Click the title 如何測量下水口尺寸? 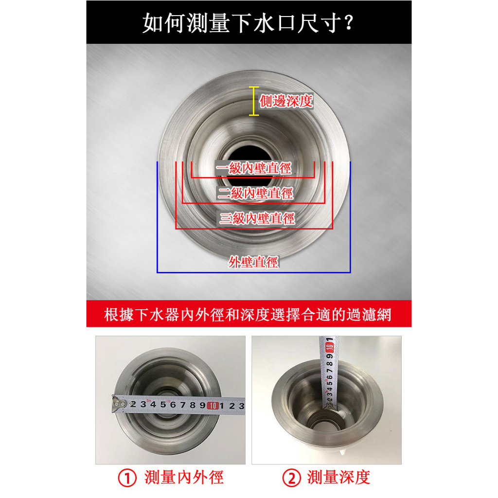248,23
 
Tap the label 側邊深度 286,101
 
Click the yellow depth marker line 254,101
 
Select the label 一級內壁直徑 253,168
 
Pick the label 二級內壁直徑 255,193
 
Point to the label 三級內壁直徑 257,218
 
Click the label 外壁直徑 253,262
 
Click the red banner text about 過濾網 248,315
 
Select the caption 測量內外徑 184,478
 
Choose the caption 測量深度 338,478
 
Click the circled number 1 127,478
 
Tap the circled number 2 291,478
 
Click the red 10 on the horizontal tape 213,406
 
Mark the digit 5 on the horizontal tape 163,404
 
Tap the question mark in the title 349,22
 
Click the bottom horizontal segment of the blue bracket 254,272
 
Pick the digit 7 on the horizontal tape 183,405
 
